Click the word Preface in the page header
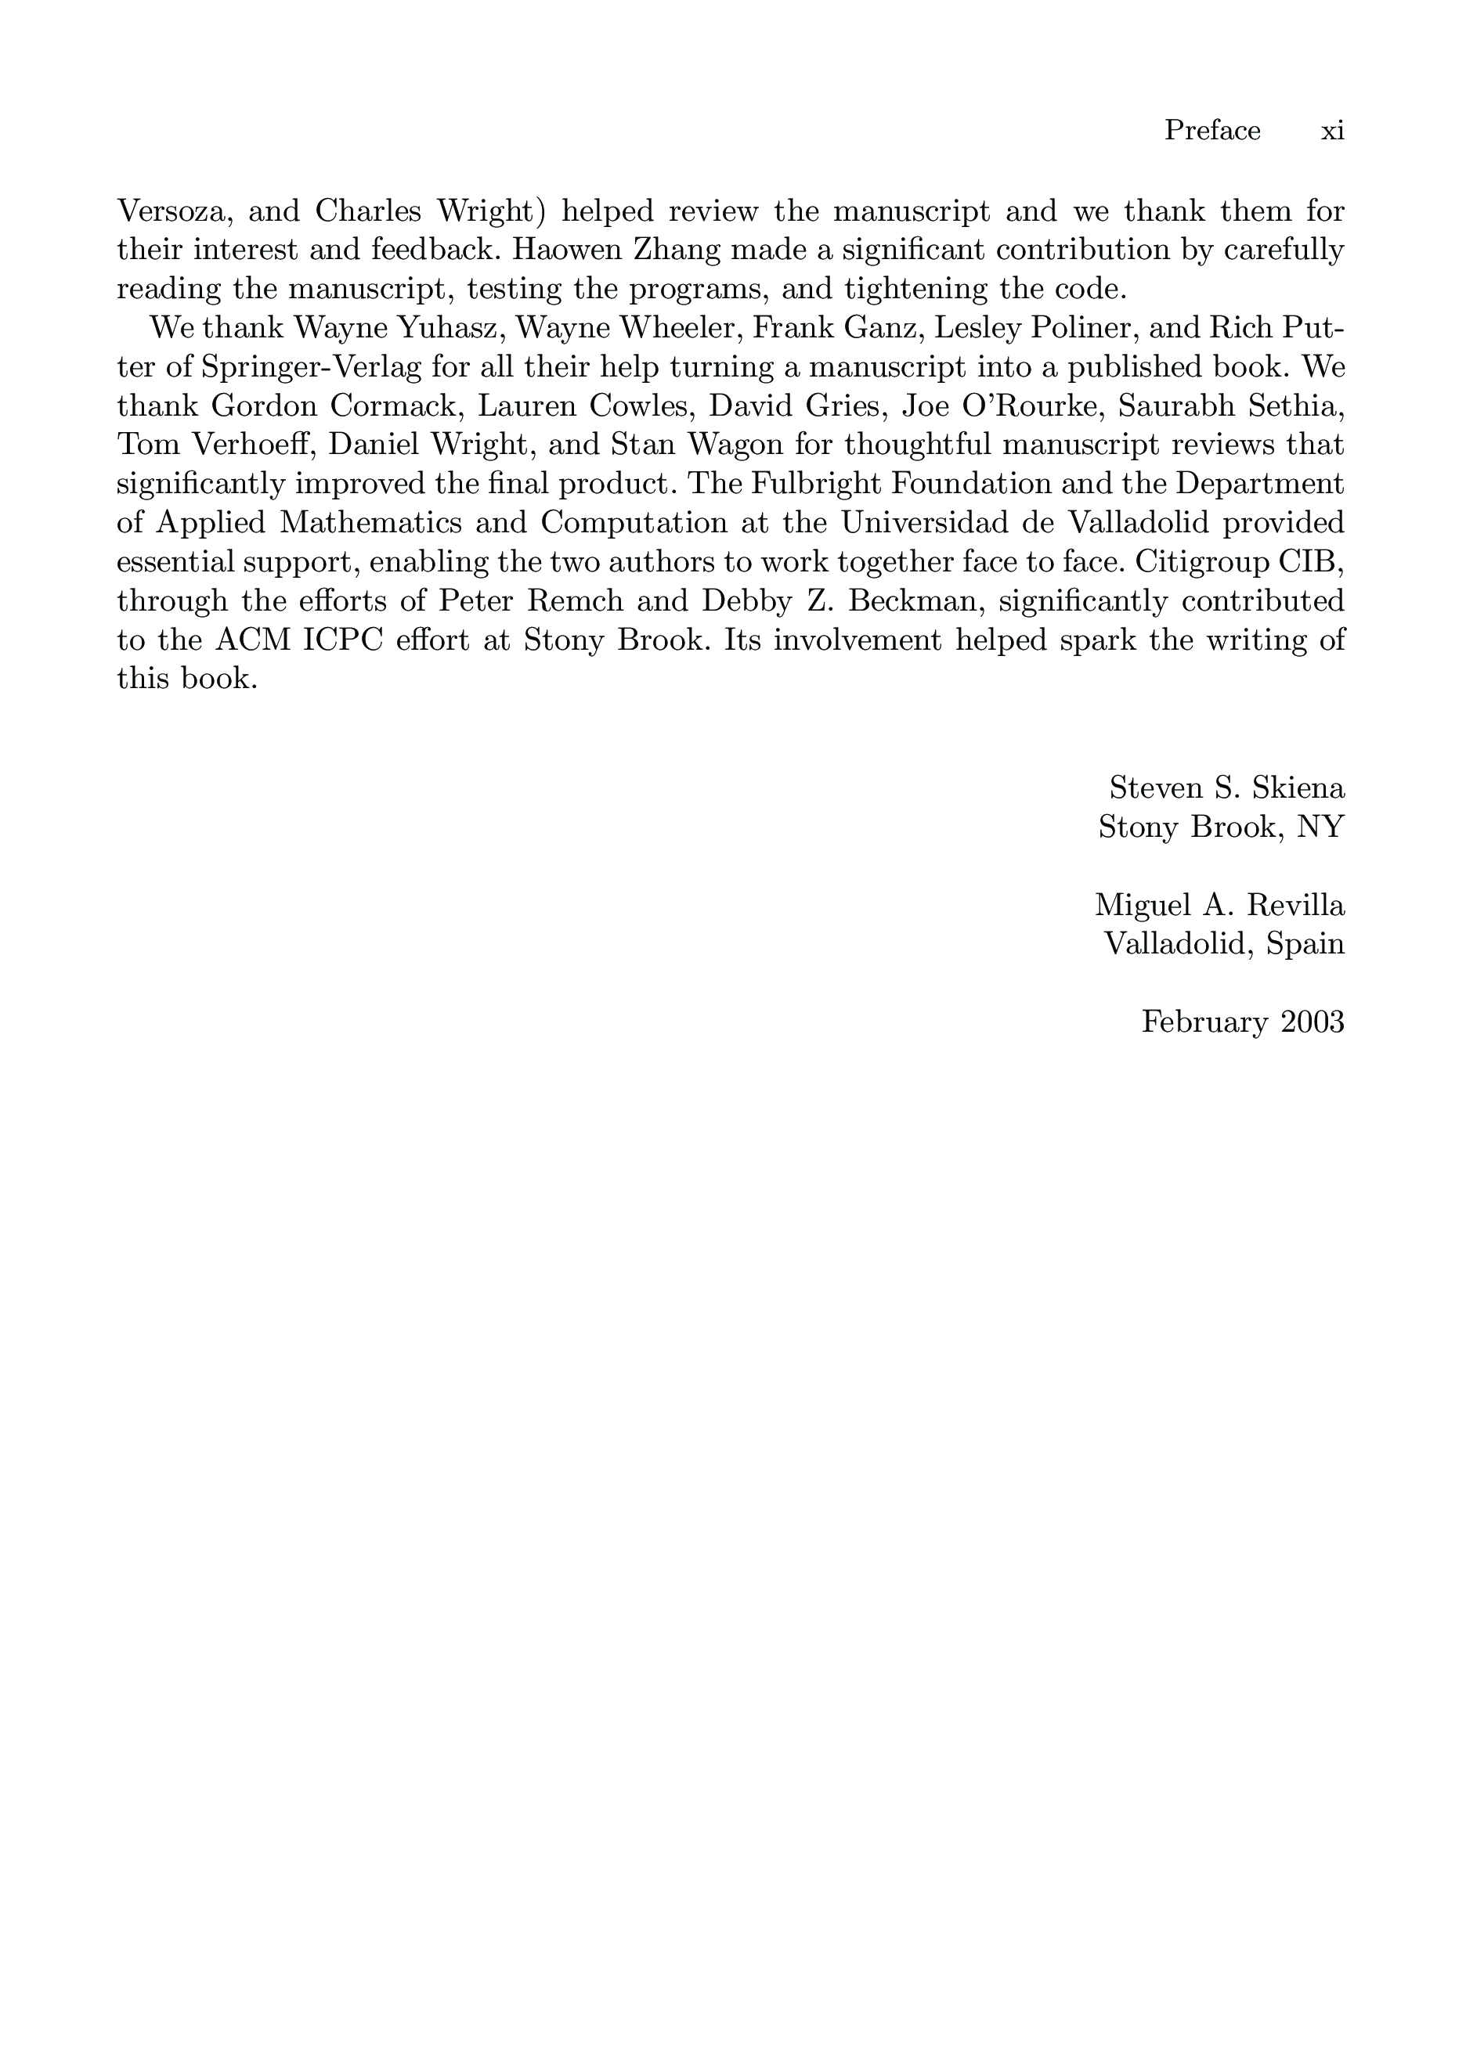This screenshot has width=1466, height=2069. coord(1211,131)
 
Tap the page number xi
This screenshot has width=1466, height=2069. coord(1332,131)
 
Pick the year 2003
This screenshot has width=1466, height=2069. coord(1312,1022)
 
